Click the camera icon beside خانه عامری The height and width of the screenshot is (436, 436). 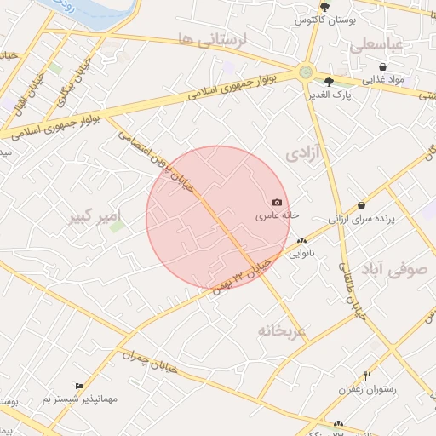pyautogui.click(x=277, y=203)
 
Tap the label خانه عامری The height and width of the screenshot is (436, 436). pyautogui.click(x=278, y=216)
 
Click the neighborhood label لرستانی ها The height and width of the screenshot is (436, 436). pyautogui.click(x=212, y=38)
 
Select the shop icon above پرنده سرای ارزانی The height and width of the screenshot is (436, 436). pyautogui.click(x=362, y=205)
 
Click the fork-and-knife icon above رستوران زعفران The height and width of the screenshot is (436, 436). pyautogui.click(x=368, y=375)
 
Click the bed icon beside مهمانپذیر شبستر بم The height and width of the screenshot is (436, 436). pyautogui.click(x=80, y=386)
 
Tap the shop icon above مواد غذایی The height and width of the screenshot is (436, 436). pyautogui.click(x=382, y=66)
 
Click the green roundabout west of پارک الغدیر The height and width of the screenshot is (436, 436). pyautogui.click(x=305, y=72)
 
